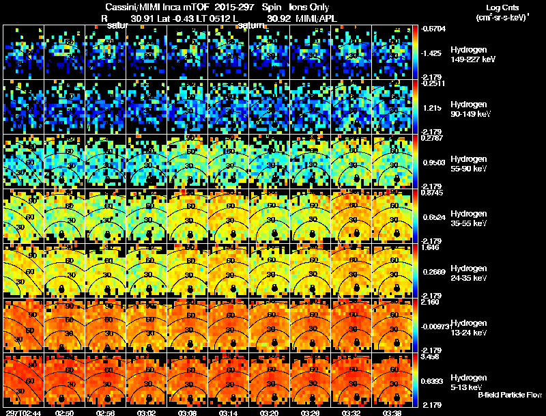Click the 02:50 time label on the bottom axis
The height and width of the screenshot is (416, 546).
[64, 413]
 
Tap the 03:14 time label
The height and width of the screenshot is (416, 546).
[228, 413]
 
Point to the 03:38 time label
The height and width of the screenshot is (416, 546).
[392, 413]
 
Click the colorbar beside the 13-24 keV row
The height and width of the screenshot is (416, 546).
[416, 325]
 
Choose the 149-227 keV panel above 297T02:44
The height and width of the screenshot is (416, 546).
[23, 52]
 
